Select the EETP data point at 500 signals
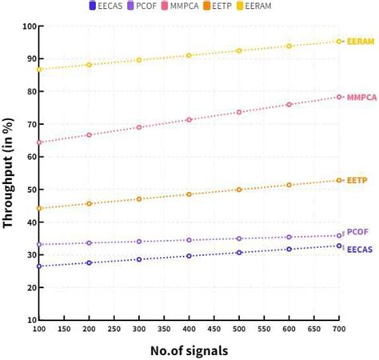pyautogui.click(x=239, y=190)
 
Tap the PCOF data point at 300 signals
pyautogui.click(x=139, y=242)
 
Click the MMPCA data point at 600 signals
pyautogui.click(x=289, y=105)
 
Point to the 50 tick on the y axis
pyautogui.click(x=28, y=190)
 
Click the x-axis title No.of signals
pyautogui.click(x=189, y=350)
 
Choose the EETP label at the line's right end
pyautogui.click(x=357, y=181)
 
